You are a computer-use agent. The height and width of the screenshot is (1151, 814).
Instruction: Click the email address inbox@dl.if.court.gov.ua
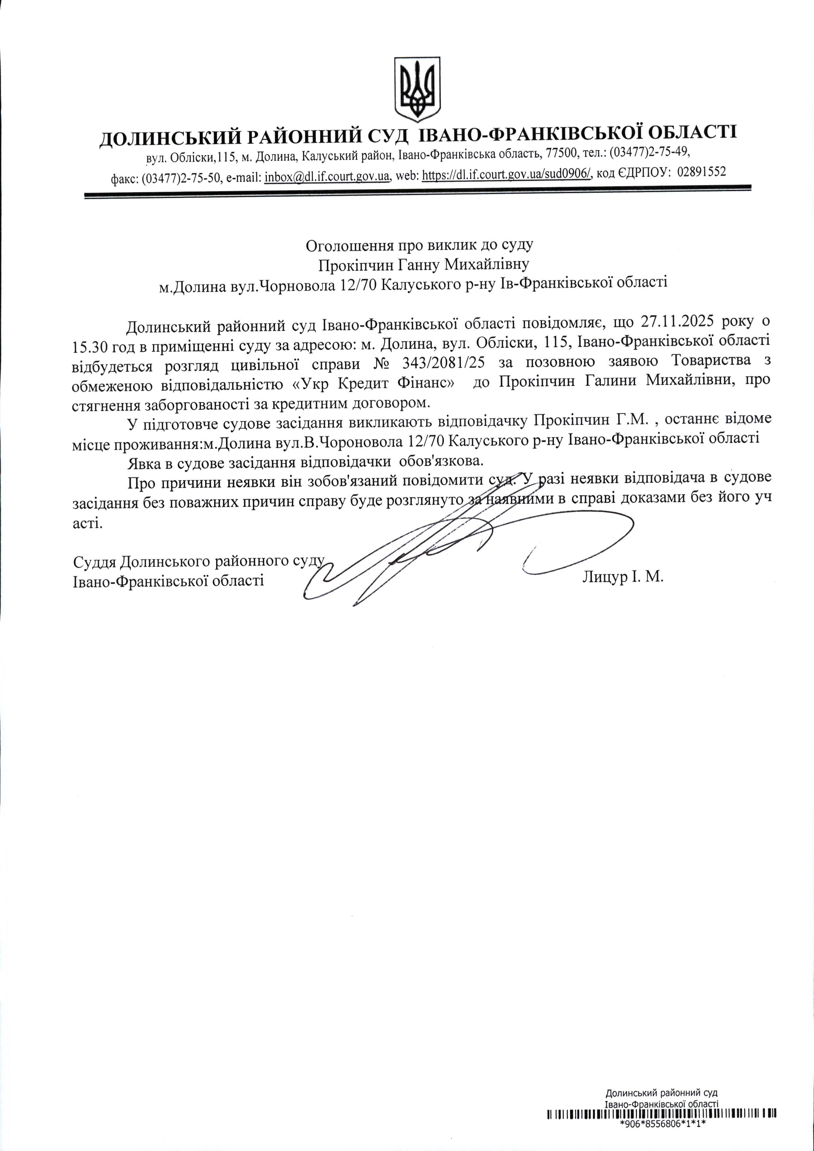pos(327,175)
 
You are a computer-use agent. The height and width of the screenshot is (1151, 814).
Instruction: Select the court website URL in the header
pos(508,174)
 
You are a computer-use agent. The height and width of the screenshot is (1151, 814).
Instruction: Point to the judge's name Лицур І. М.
pos(623,577)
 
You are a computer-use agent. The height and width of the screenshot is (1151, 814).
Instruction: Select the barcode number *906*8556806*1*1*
pos(662,1137)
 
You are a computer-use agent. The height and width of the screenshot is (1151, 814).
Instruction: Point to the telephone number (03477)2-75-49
pos(649,150)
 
